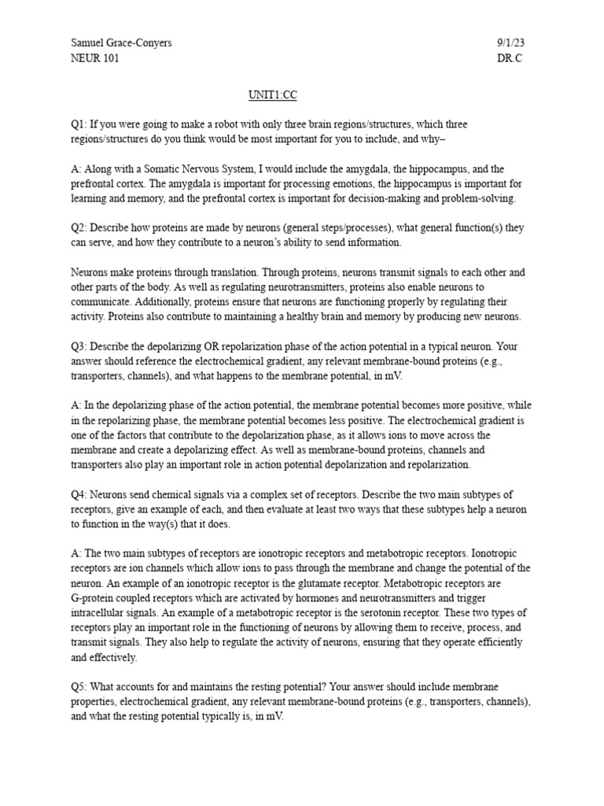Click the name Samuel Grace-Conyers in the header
click(x=121, y=43)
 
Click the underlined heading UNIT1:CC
click(x=274, y=95)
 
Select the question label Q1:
click(x=79, y=124)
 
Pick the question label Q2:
click(x=79, y=227)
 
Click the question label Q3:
click(x=79, y=346)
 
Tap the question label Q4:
click(x=79, y=494)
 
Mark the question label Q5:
click(x=79, y=687)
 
